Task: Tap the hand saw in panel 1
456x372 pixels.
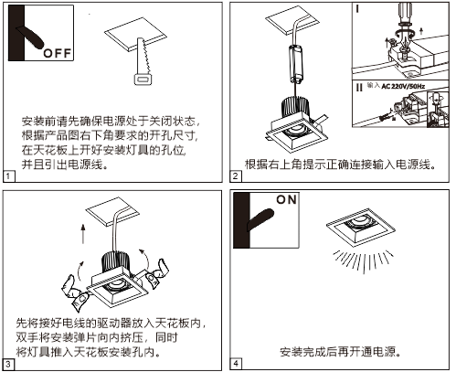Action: (x=143, y=65)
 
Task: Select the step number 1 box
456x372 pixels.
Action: (x=8, y=175)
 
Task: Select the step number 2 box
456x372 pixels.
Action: (x=236, y=175)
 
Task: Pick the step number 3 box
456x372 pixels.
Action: (x=8, y=364)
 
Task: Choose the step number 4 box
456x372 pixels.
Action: (x=236, y=364)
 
